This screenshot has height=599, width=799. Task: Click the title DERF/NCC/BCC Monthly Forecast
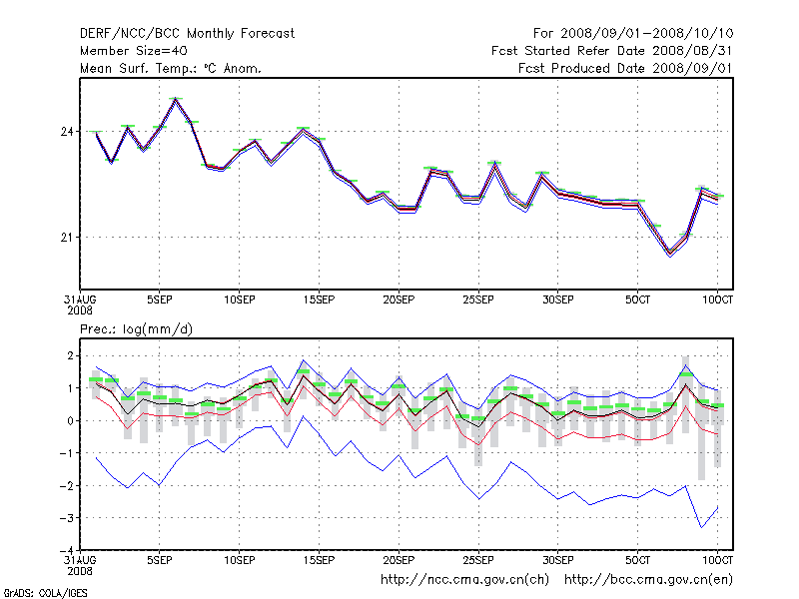tap(187, 33)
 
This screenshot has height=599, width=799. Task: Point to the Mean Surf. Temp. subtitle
tap(171, 68)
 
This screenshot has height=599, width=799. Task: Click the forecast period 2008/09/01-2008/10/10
tap(648, 33)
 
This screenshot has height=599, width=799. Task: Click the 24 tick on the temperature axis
tap(67, 132)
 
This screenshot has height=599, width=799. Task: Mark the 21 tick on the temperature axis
tap(67, 237)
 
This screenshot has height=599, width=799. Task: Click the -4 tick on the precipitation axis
tap(65, 550)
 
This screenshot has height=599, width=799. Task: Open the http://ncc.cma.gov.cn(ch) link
tap(464, 579)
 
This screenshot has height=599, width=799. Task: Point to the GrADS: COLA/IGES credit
tap(45, 593)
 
